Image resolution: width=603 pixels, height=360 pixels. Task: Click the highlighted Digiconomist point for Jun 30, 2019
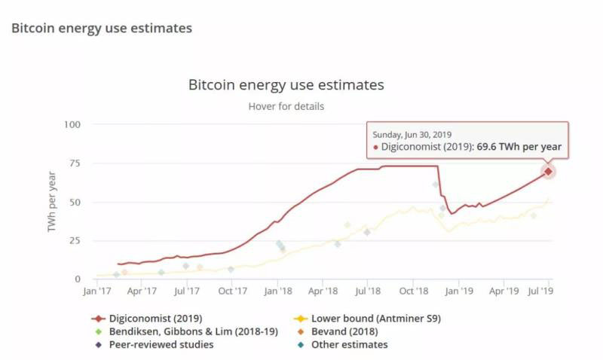(x=548, y=172)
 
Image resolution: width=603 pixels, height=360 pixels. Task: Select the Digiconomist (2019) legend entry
(x=155, y=318)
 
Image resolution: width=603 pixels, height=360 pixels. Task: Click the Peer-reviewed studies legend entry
(x=161, y=344)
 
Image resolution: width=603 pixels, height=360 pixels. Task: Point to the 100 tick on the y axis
(x=72, y=124)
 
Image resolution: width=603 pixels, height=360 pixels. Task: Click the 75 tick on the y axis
(x=75, y=163)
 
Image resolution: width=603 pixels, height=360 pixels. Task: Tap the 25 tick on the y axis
(x=75, y=240)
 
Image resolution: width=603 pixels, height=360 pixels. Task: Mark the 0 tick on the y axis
(x=78, y=279)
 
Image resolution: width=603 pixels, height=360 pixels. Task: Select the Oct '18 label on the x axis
(x=414, y=291)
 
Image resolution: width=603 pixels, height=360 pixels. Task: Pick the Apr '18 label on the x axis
(x=323, y=291)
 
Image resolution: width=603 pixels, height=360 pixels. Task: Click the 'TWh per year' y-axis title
(x=53, y=202)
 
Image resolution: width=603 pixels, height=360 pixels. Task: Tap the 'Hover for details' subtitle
(x=286, y=106)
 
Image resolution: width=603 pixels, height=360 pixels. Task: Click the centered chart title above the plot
(x=286, y=84)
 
